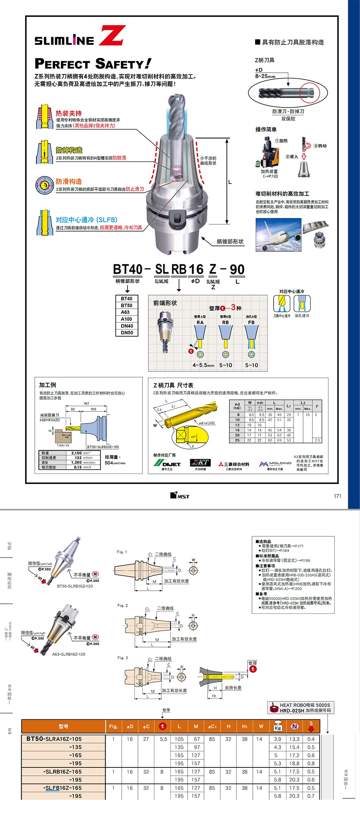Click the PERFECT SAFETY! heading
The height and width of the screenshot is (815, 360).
coord(93,64)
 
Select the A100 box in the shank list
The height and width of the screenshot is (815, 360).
coord(127,319)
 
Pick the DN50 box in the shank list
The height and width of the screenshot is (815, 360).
coord(127,333)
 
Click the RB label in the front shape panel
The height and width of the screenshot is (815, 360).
coord(226,322)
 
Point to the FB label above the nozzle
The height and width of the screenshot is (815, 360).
coord(251,322)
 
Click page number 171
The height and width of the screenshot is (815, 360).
coord(338,496)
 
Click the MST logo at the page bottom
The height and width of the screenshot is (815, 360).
coord(180,496)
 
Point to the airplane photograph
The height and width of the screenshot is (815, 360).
coord(278,235)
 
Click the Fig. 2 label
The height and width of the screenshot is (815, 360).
coord(122,605)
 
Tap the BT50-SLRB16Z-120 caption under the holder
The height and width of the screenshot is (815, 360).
coord(75,586)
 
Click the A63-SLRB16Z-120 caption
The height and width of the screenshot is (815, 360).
coord(68,654)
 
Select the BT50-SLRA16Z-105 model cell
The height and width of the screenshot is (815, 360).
coord(54,739)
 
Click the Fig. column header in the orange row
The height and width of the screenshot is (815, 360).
coord(114,726)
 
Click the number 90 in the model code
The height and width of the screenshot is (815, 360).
coord(237,270)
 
